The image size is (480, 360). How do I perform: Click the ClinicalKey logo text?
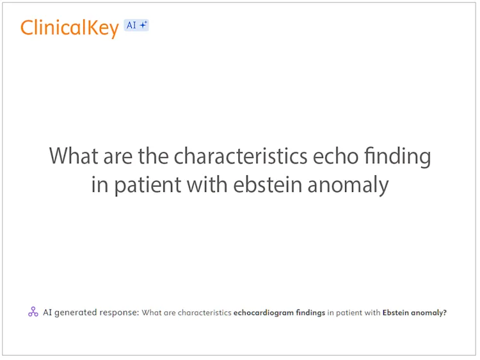69,27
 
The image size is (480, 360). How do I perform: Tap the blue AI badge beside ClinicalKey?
136,26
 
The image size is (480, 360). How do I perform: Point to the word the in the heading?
153,156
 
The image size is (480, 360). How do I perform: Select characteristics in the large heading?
242,156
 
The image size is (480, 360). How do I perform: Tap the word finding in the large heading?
398,157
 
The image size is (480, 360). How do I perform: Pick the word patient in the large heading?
148,185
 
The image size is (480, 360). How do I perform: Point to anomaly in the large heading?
349,185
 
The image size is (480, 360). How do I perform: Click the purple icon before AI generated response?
33,312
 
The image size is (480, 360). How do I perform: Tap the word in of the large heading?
99,184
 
